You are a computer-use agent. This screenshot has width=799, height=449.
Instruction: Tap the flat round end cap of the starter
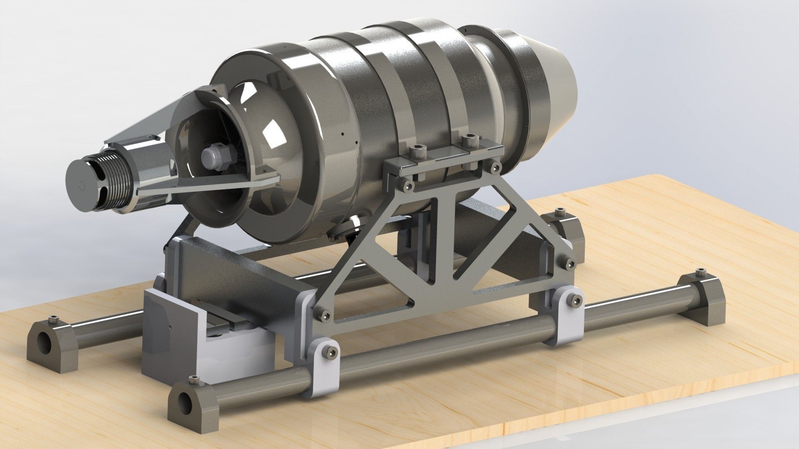[83, 185]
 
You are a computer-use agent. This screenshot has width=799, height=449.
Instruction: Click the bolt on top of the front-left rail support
[193, 379]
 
